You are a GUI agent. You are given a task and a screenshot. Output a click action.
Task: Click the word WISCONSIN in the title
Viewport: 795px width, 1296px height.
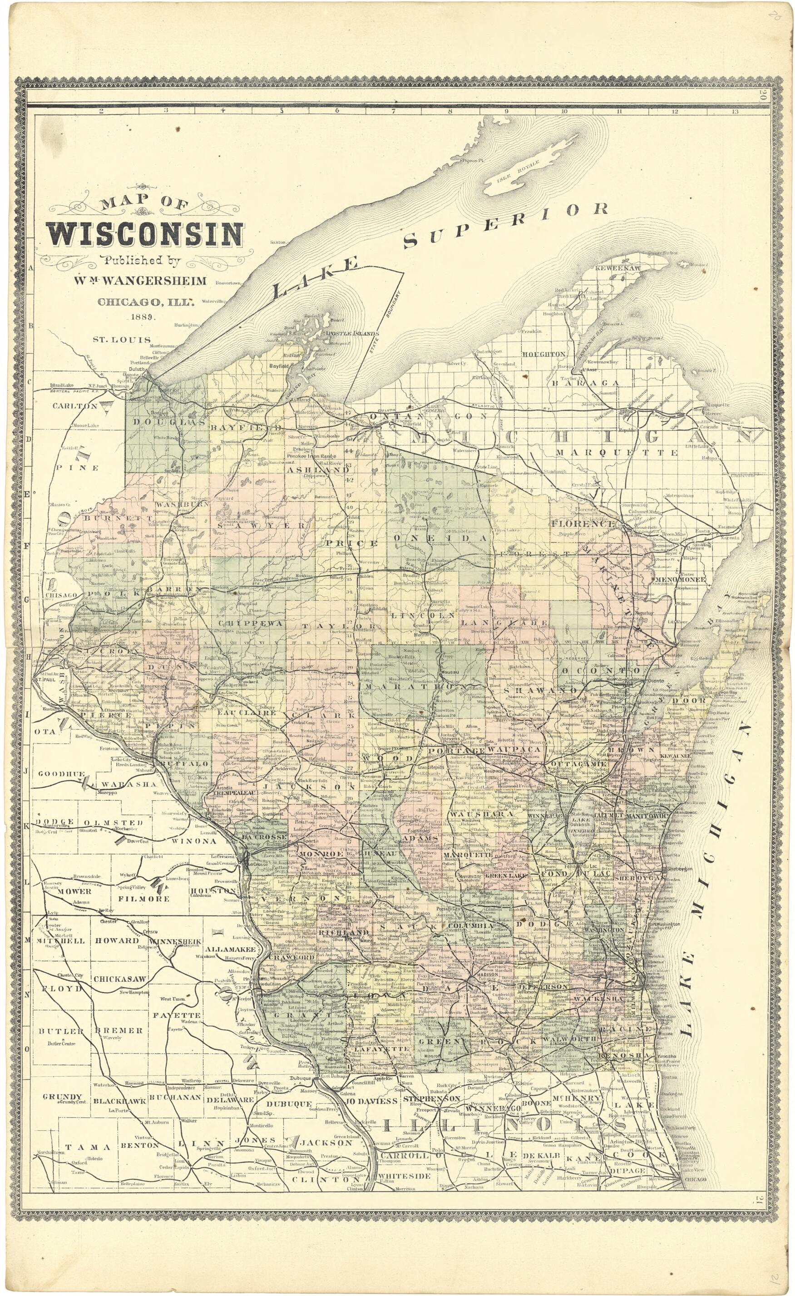146,235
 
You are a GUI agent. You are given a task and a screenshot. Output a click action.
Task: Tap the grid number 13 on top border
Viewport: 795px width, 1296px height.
734,111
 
